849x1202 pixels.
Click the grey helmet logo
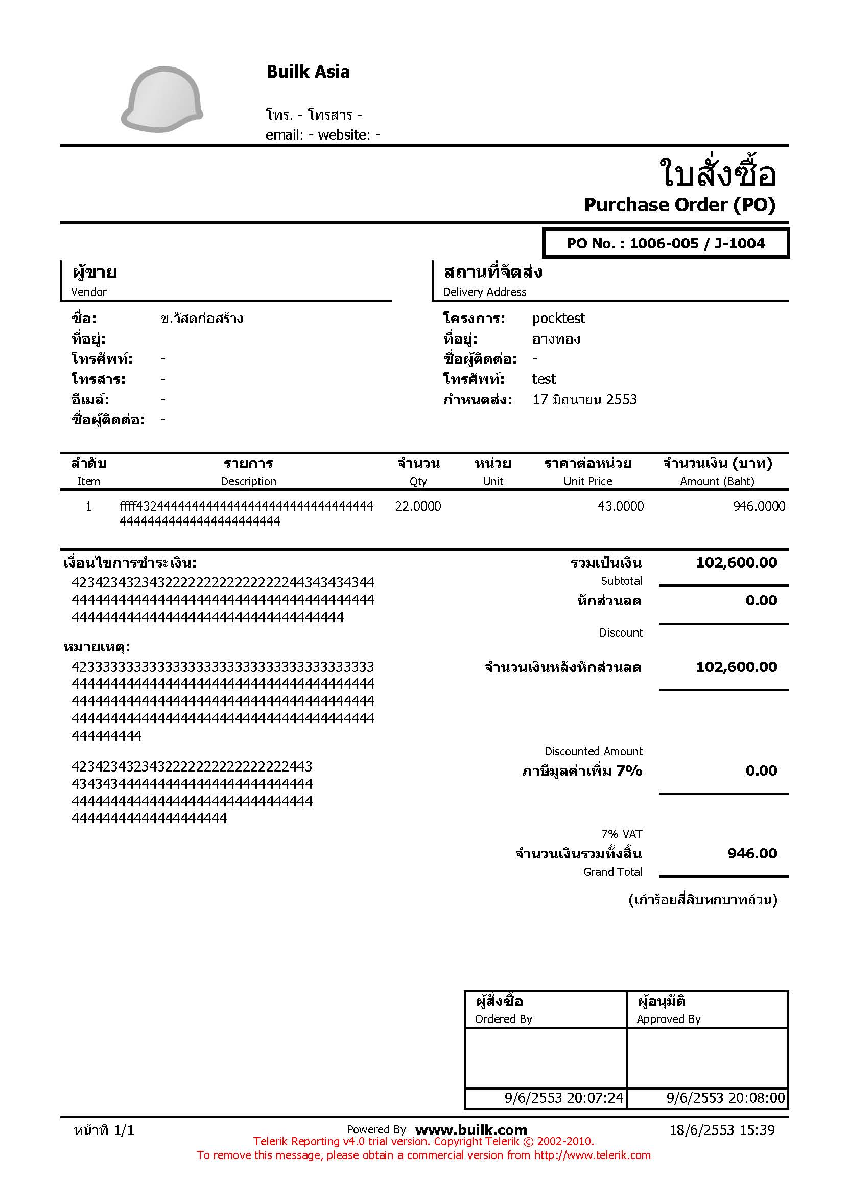[x=162, y=100]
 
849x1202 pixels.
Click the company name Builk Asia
[x=308, y=72]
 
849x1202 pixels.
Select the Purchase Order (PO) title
[x=679, y=205]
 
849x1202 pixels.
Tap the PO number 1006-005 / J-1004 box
[x=666, y=243]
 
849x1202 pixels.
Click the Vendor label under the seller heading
[x=89, y=292]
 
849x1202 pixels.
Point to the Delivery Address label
[x=484, y=292]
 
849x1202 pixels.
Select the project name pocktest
[x=558, y=319]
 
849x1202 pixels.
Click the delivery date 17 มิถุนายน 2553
[x=584, y=400]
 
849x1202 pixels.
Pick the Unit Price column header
[x=587, y=481]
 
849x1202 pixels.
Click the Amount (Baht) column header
[x=717, y=481]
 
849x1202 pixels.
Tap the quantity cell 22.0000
[x=418, y=506]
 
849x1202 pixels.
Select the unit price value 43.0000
[x=620, y=506]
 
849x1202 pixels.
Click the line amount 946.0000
[x=759, y=506]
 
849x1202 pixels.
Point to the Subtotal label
[x=621, y=581]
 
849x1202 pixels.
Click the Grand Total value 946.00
[x=752, y=853]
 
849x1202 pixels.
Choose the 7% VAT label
[x=622, y=834]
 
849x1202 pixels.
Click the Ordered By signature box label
[x=503, y=1019]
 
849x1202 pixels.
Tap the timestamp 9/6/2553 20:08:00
[x=725, y=1098]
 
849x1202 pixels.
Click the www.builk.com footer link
[x=471, y=1130]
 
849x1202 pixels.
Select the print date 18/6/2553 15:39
[x=722, y=1130]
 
